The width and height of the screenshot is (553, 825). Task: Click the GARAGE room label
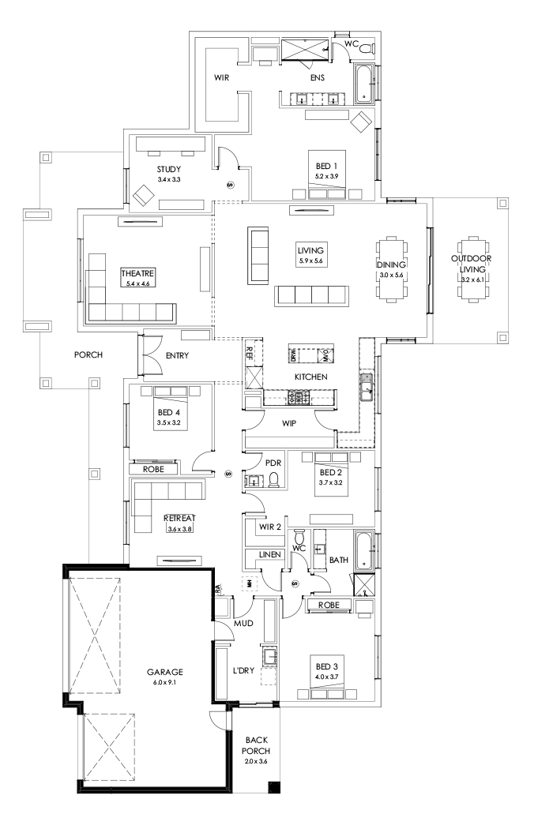click(x=165, y=672)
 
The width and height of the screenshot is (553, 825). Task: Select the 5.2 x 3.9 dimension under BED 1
click(x=326, y=176)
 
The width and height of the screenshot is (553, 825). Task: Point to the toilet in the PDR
click(x=273, y=480)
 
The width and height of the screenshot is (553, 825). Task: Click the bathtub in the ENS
click(x=363, y=84)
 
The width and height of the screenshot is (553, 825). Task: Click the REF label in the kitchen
click(x=250, y=352)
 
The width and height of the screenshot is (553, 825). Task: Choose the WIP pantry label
click(x=289, y=424)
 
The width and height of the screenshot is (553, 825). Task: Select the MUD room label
click(x=242, y=624)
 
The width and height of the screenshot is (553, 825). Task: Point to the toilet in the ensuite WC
click(x=365, y=49)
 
